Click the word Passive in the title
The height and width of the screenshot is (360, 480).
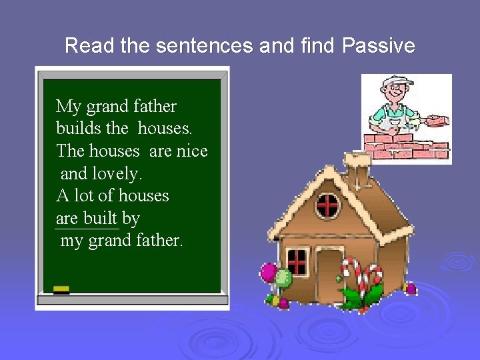378,46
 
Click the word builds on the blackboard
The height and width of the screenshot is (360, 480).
79,129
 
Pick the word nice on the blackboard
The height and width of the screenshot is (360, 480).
192,151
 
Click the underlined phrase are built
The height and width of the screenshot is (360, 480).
87,219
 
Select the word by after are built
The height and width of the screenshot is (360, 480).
131,219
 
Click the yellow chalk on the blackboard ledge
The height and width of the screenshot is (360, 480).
61,289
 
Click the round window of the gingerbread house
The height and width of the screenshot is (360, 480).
327,206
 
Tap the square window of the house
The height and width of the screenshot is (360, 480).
297,261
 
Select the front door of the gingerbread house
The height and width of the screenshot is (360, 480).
329,273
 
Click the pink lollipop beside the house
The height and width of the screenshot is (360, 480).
269,272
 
